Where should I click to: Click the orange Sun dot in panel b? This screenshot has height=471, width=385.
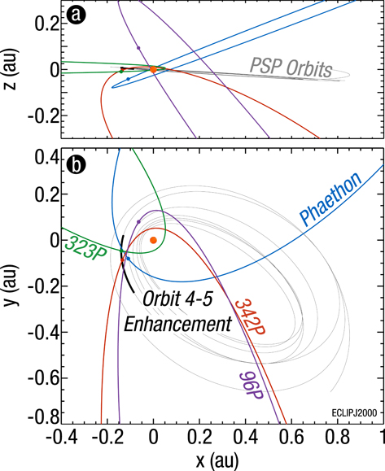[153, 240]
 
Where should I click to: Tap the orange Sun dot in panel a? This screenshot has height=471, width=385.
[153, 70]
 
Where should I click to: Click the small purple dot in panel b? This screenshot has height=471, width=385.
[139, 221]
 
